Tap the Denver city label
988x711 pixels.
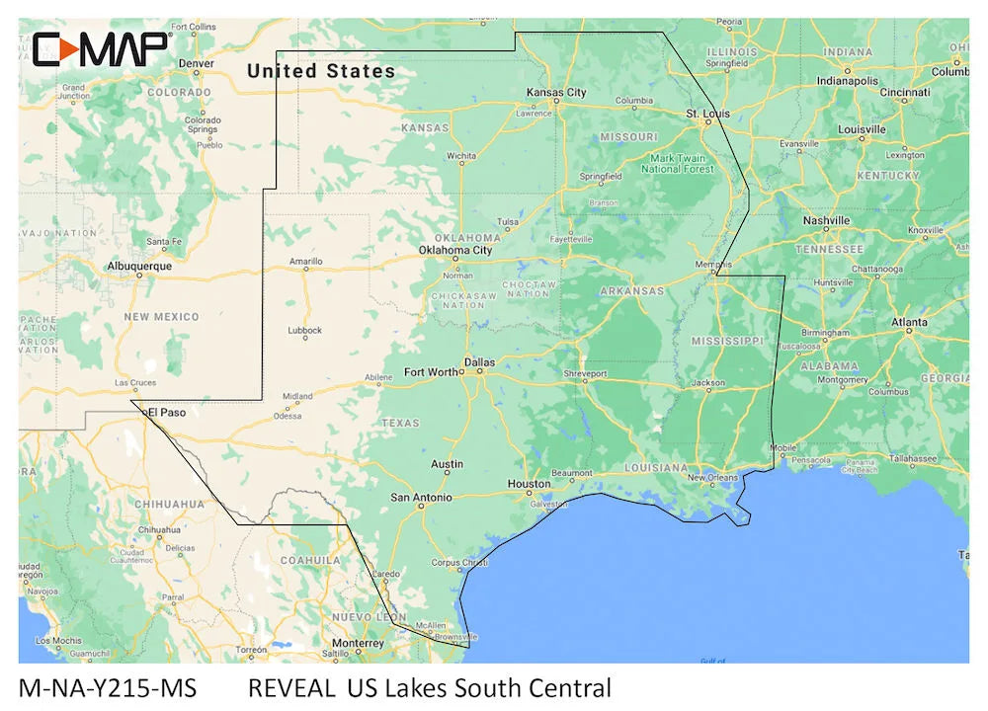click(196, 63)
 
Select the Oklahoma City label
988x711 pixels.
click(454, 251)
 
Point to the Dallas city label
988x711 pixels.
click(479, 362)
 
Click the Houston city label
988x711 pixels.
click(529, 484)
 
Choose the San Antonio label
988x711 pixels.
click(421, 498)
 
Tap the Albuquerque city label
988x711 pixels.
click(139, 266)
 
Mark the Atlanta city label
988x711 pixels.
click(909, 322)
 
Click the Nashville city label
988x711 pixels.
click(826, 220)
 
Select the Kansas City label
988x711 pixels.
click(556, 93)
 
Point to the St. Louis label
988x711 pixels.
click(707, 114)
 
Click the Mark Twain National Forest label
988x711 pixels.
click(677, 164)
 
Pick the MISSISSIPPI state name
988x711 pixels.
click(727, 341)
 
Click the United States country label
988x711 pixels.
click(321, 71)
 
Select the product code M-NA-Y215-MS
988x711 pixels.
click(107, 687)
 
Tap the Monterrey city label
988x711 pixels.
click(357, 643)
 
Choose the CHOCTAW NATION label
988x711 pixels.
click(530, 289)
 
